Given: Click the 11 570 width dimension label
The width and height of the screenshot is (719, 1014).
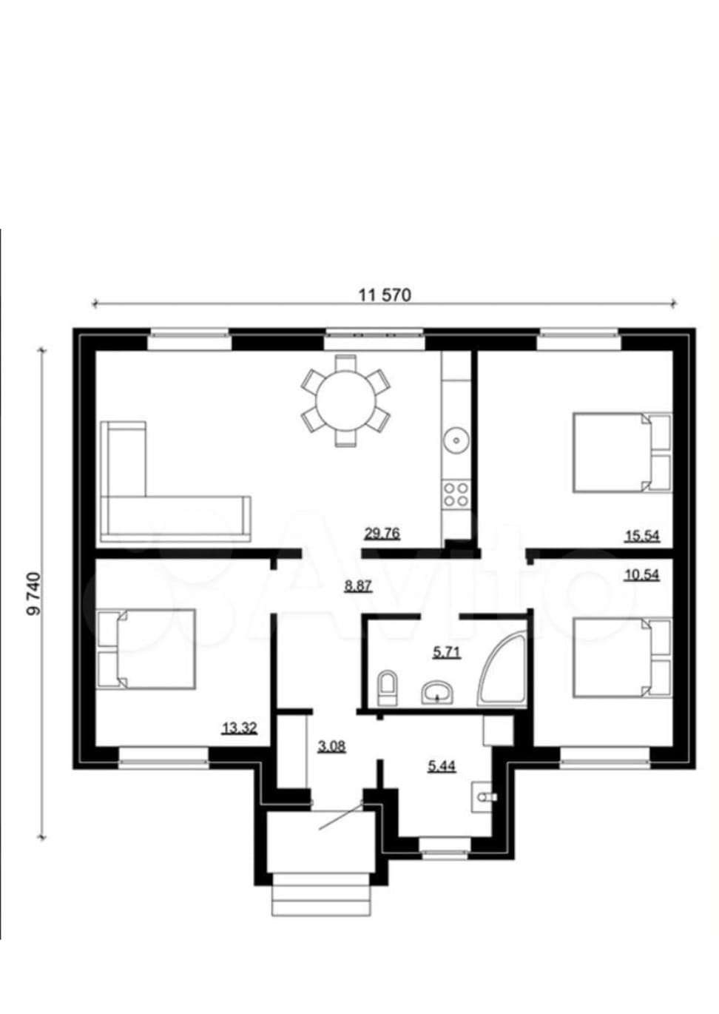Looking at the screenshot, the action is coord(385,295).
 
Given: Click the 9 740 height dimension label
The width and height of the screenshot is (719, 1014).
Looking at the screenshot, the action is coord(34,594).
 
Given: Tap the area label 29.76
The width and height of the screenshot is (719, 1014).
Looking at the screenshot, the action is coord(382,533).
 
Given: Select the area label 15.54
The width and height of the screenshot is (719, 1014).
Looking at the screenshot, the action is coord(642,536).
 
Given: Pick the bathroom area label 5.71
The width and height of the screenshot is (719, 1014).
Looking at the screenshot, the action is coord(447,652).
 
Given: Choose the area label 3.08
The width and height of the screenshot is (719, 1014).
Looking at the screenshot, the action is coord(331,746).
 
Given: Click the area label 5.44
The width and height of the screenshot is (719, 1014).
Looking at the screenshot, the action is coord(442,766).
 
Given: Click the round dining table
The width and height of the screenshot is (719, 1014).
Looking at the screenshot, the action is coord(346,401).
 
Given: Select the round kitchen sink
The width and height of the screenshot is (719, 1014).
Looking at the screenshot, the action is coord(456,440).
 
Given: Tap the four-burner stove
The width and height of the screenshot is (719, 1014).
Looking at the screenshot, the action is coord(456,494).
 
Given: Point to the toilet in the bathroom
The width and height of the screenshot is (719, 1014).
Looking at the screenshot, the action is coord(387,688).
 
